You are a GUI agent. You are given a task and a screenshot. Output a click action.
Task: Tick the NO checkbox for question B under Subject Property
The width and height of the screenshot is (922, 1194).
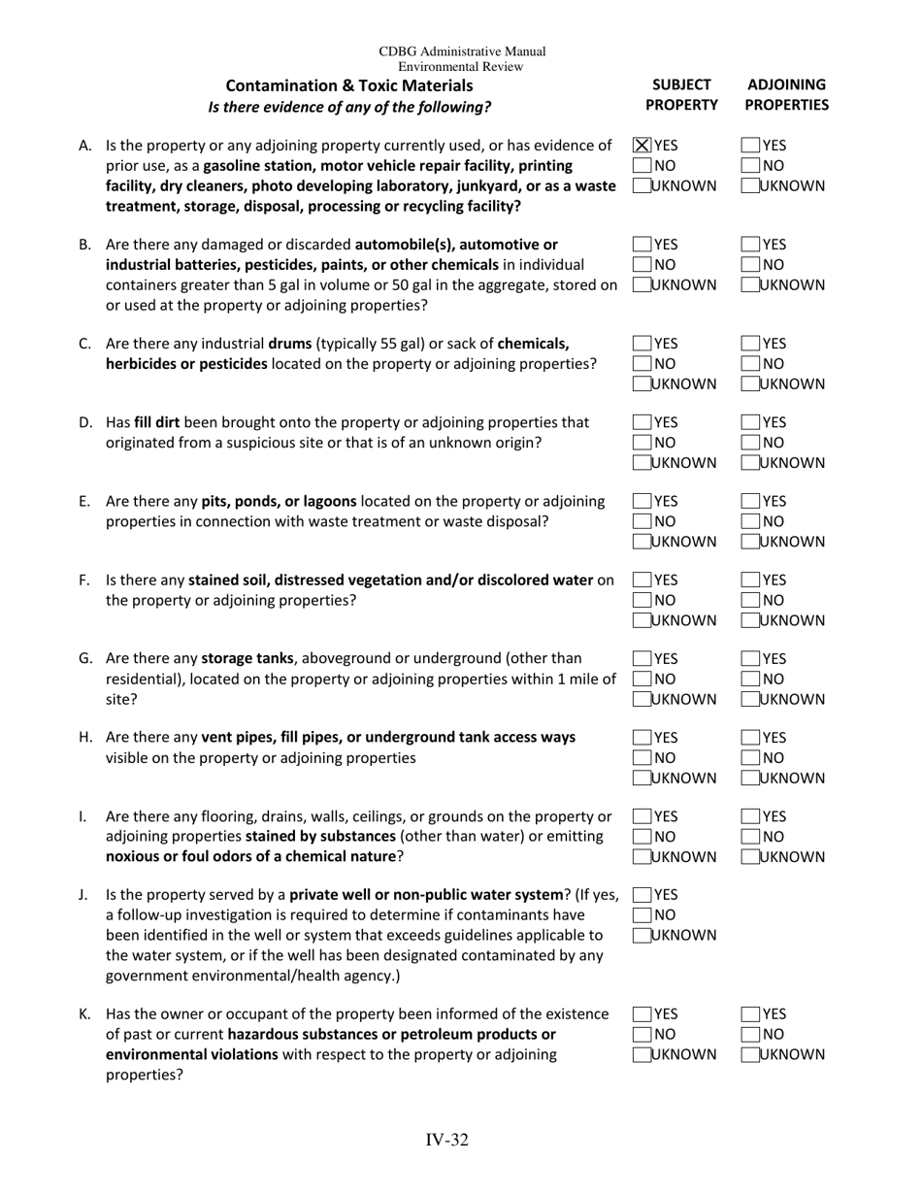642,264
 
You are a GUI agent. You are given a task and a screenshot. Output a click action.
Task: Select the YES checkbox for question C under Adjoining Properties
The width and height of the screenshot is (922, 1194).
750,343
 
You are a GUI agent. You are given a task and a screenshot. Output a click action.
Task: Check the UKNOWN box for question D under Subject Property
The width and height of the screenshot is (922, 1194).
642,462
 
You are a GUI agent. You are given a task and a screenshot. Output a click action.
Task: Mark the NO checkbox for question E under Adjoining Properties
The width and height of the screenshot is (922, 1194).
750,521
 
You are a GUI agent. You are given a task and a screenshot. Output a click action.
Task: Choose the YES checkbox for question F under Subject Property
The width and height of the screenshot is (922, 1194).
642,580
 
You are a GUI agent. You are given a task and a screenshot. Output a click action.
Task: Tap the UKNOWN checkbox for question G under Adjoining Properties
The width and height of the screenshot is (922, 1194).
750,699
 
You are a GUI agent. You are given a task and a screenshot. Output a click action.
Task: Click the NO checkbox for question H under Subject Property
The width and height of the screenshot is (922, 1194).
642,758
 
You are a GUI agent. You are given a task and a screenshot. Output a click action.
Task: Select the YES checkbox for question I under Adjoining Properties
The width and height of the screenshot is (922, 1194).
750,816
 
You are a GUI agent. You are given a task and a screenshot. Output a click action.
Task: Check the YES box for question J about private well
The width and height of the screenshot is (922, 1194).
642,895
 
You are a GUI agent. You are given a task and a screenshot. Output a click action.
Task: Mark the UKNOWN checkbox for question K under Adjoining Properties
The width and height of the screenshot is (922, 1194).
750,1053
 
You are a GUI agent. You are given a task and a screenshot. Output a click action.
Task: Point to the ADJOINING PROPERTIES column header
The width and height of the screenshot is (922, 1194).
787,94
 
